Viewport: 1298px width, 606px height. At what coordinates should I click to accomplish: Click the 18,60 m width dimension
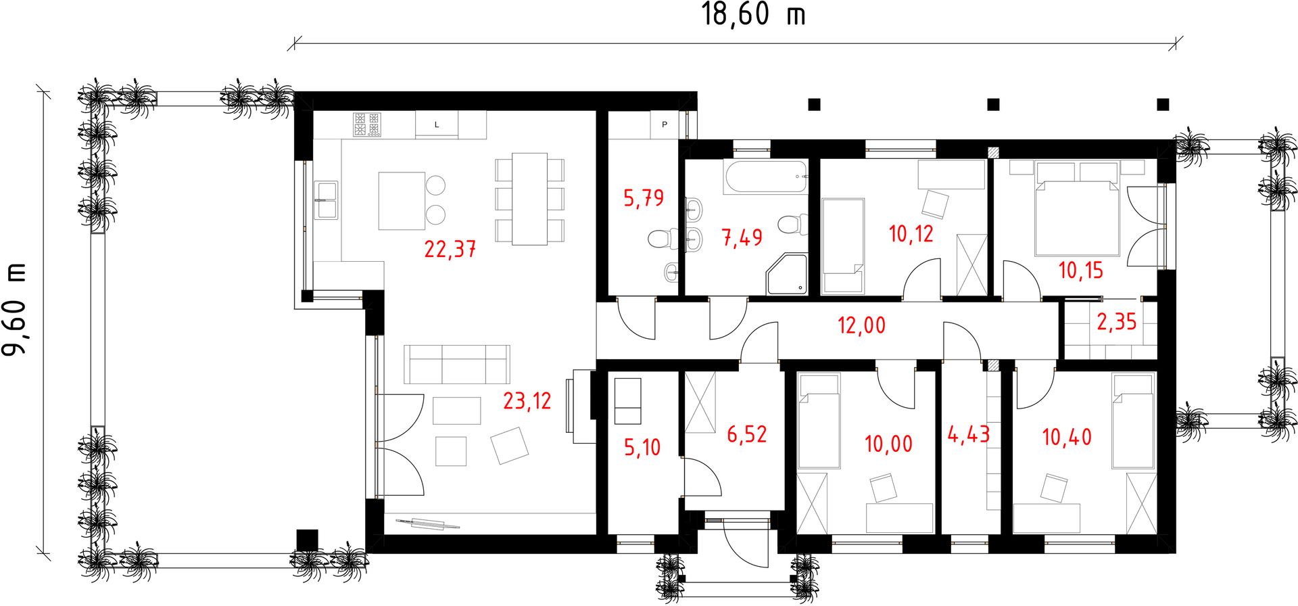point(754,14)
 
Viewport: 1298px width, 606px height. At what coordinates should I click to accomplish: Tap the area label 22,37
point(450,249)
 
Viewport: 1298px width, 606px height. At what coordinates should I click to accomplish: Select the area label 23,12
point(527,400)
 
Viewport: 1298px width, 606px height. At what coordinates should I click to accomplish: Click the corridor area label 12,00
point(861,325)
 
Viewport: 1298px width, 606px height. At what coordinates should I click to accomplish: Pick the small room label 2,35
point(1117,321)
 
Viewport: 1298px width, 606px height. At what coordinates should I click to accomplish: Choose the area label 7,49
point(742,237)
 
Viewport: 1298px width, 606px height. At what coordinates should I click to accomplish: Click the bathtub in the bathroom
point(766,177)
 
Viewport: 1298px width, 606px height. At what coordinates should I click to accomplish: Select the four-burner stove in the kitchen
point(367,124)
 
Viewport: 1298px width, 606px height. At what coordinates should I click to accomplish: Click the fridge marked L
point(437,125)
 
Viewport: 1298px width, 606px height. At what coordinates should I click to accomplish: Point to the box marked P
point(665,124)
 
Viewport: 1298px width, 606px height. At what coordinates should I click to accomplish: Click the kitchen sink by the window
point(327,200)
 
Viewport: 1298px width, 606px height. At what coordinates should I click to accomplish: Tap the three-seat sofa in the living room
point(457,365)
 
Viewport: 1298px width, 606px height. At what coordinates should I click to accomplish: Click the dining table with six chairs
point(530,199)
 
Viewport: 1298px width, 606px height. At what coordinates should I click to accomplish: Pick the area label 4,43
point(969,434)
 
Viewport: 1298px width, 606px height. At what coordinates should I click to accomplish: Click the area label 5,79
point(644,198)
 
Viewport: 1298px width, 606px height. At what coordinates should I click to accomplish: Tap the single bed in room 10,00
point(819,422)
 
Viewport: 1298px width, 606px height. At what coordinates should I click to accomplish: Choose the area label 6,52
point(747,434)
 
